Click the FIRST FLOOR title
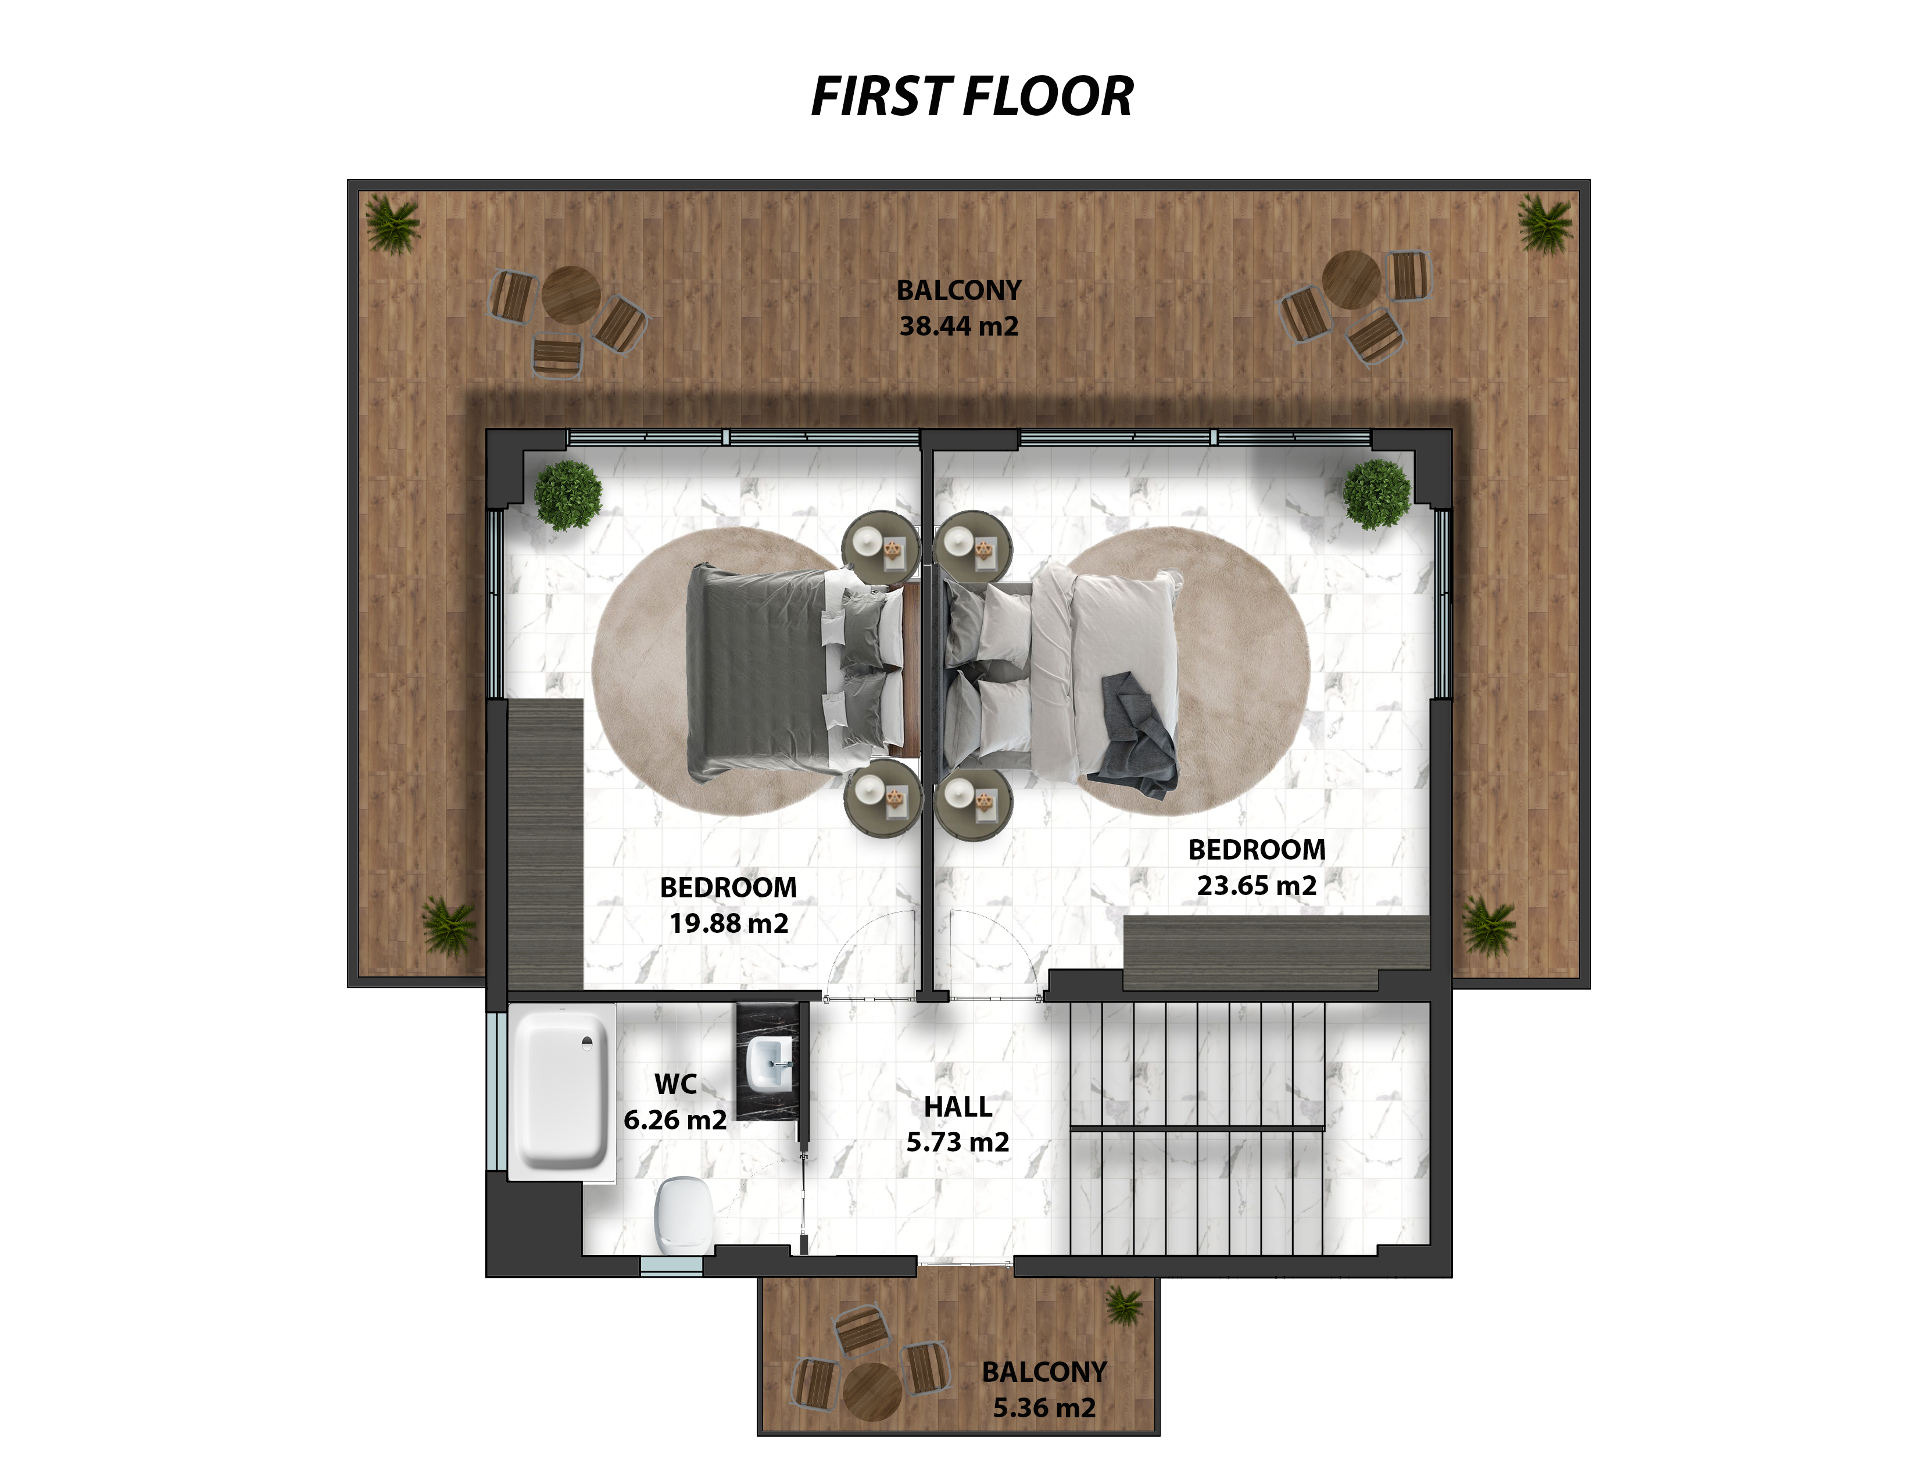click(x=972, y=96)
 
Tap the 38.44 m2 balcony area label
click(x=959, y=326)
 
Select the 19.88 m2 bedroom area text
click(x=729, y=924)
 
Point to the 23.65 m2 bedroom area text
click(x=1257, y=886)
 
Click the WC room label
click(x=675, y=1084)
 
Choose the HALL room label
click(x=958, y=1107)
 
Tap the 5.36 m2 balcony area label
click(x=1044, y=1409)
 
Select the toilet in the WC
click(x=684, y=1216)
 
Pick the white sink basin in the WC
click(x=768, y=1065)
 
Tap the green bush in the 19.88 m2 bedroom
click(x=568, y=495)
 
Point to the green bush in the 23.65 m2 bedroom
click(x=1376, y=495)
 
